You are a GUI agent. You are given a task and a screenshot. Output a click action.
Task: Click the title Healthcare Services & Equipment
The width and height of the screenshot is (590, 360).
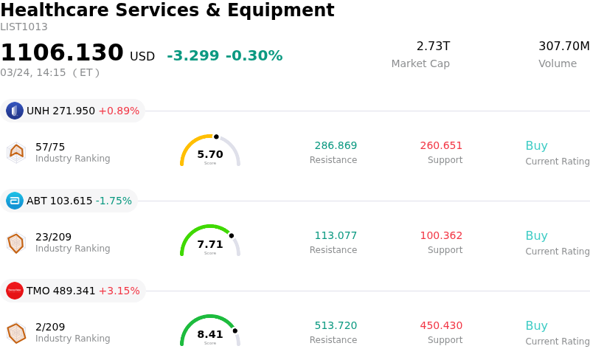[x=167, y=11]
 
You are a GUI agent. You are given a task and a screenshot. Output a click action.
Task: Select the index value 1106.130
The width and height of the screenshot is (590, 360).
[x=62, y=53]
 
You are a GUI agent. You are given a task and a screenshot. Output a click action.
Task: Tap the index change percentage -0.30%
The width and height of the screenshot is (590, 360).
[x=254, y=56]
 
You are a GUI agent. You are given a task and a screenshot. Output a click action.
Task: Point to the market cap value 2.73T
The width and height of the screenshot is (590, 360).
[x=433, y=46]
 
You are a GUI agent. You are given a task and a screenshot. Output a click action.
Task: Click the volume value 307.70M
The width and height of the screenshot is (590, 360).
[x=563, y=46]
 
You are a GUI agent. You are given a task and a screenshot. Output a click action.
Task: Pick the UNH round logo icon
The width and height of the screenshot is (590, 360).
[x=15, y=111]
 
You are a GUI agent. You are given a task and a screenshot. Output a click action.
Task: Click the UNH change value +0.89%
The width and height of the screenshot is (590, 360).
[x=119, y=111]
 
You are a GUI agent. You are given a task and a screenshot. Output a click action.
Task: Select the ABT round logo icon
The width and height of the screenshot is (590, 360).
[x=15, y=201]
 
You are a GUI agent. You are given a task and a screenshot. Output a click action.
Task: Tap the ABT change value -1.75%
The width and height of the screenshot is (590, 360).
[x=114, y=201]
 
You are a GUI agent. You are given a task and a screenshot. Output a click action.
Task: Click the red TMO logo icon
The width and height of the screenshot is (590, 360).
[x=15, y=291]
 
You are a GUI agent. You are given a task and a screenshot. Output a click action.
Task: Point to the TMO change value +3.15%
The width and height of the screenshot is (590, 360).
[x=119, y=291]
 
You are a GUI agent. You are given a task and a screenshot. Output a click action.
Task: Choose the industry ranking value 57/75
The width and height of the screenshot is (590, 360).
[x=50, y=146]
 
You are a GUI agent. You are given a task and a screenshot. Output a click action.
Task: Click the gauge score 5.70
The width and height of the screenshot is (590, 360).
[x=210, y=155]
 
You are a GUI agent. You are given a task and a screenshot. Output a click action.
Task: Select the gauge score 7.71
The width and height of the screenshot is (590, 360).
[x=210, y=245]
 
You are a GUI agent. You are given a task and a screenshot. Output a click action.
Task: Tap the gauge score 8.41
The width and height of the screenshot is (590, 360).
[x=210, y=335]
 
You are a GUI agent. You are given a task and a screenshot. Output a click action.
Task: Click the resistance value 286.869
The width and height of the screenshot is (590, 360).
[x=336, y=146]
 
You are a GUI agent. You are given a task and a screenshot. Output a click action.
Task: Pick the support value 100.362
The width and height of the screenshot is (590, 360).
[x=441, y=236]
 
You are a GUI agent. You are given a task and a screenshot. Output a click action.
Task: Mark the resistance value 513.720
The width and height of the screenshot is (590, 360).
[x=336, y=326]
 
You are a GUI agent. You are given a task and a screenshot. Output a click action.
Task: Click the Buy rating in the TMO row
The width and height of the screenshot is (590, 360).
[x=536, y=326]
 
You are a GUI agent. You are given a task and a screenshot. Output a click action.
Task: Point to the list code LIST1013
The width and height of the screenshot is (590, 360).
[x=24, y=27]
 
